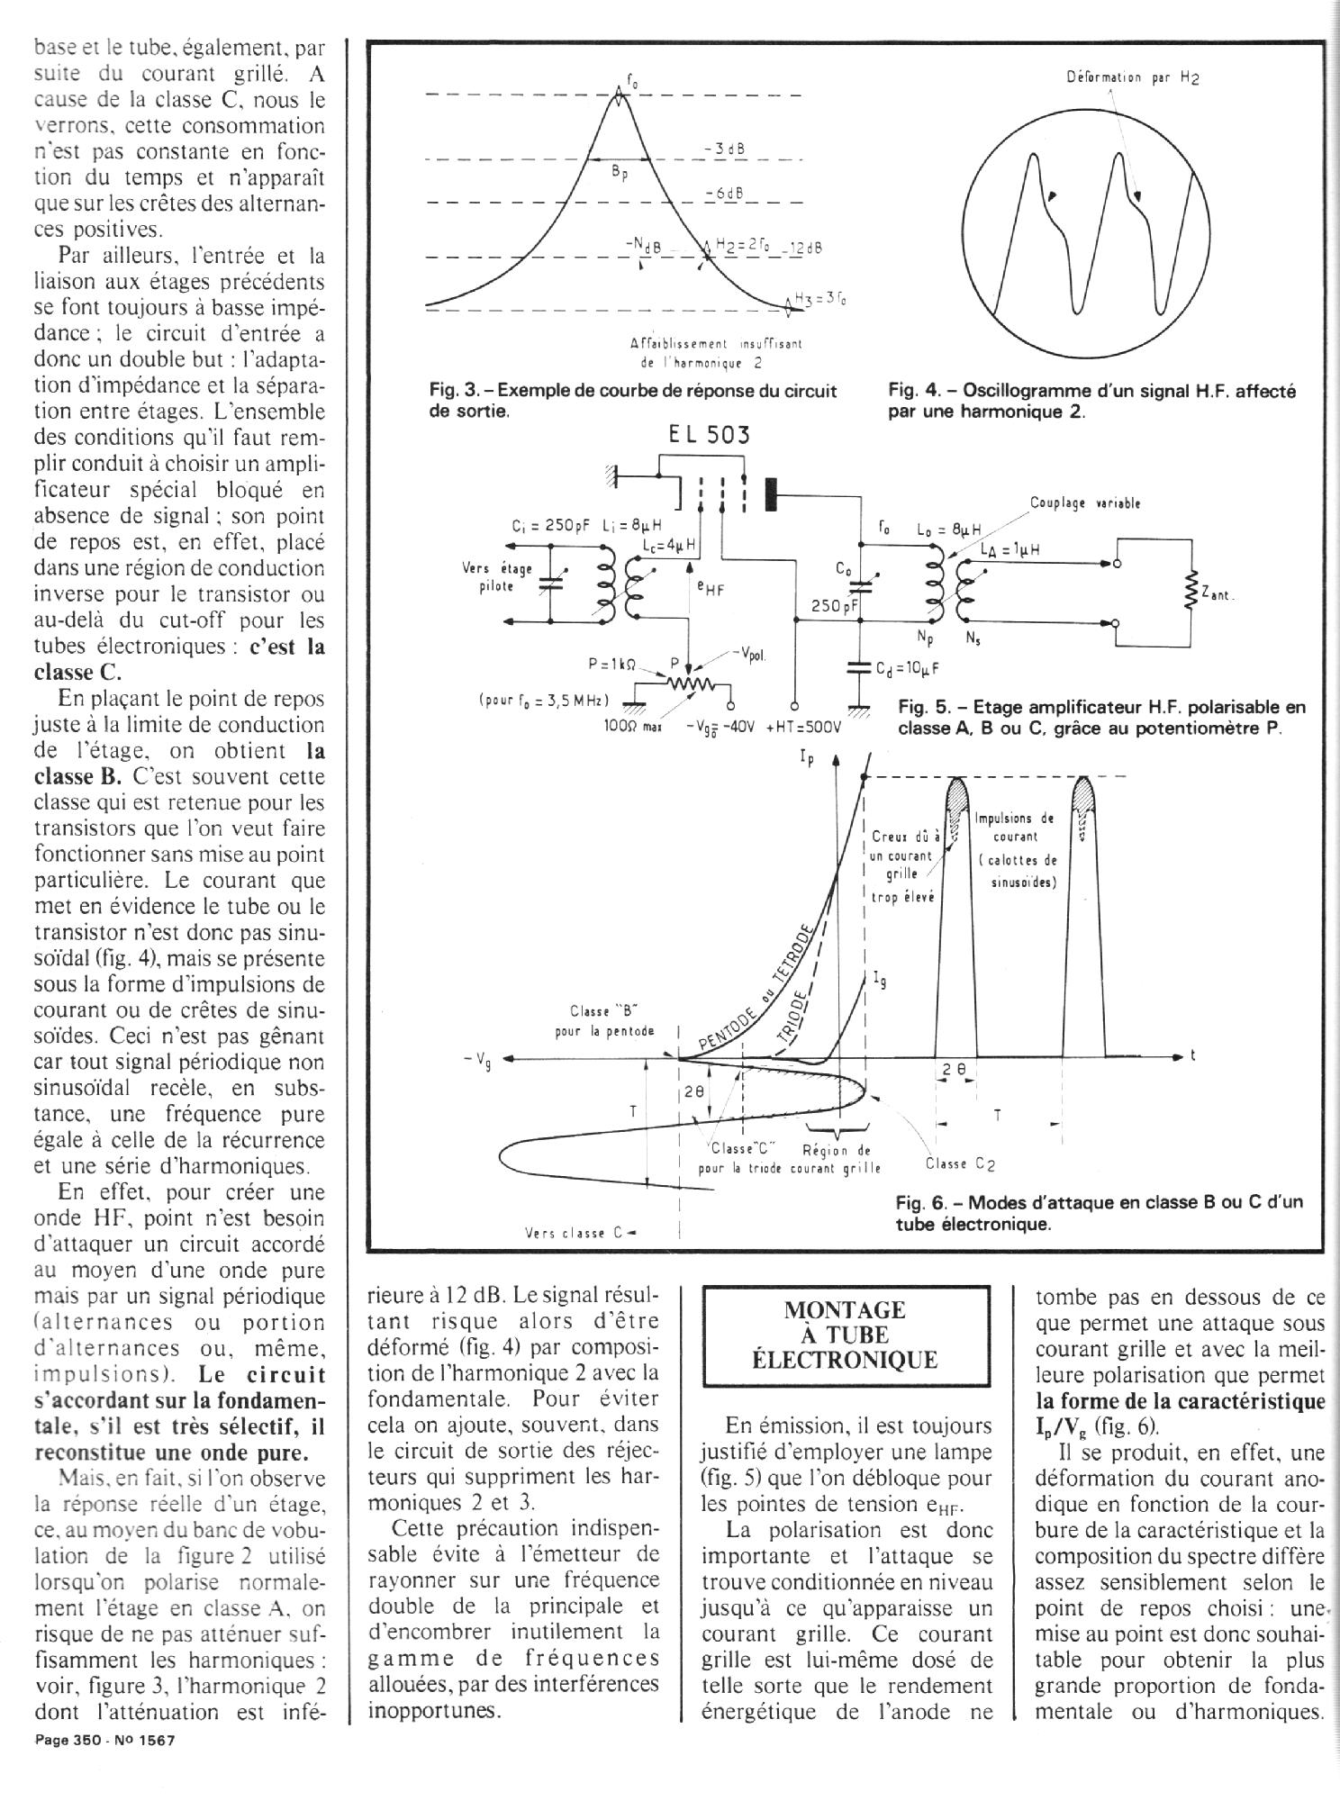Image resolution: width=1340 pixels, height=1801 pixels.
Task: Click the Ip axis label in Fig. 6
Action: pyautogui.click(x=806, y=760)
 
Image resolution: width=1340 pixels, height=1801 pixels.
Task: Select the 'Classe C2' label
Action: pyautogui.click(x=960, y=1163)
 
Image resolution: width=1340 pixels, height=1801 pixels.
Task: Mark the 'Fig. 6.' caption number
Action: pyautogui.click(x=920, y=1203)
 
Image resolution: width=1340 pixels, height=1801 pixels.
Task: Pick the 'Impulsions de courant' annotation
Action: pyautogui.click(x=1015, y=828)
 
